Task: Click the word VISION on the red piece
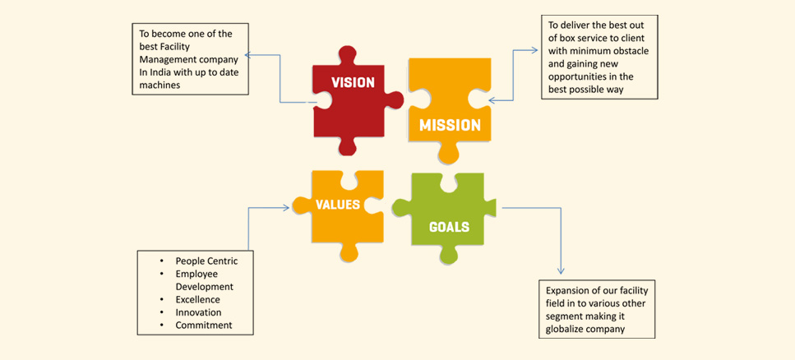coord(353,82)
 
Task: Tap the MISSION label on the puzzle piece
coord(450,125)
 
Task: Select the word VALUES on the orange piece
coord(338,205)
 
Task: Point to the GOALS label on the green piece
coord(449,227)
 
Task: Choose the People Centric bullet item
coord(206,261)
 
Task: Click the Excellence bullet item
coord(198,299)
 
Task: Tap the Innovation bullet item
coord(198,312)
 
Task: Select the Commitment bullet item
coord(204,325)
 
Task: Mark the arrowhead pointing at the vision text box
coord(248,55)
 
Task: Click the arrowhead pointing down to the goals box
coord(561,270)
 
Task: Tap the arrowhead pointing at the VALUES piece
coord(286,207)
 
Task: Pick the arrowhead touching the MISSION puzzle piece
coord(492,100)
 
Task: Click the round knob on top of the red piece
coord(347,55)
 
